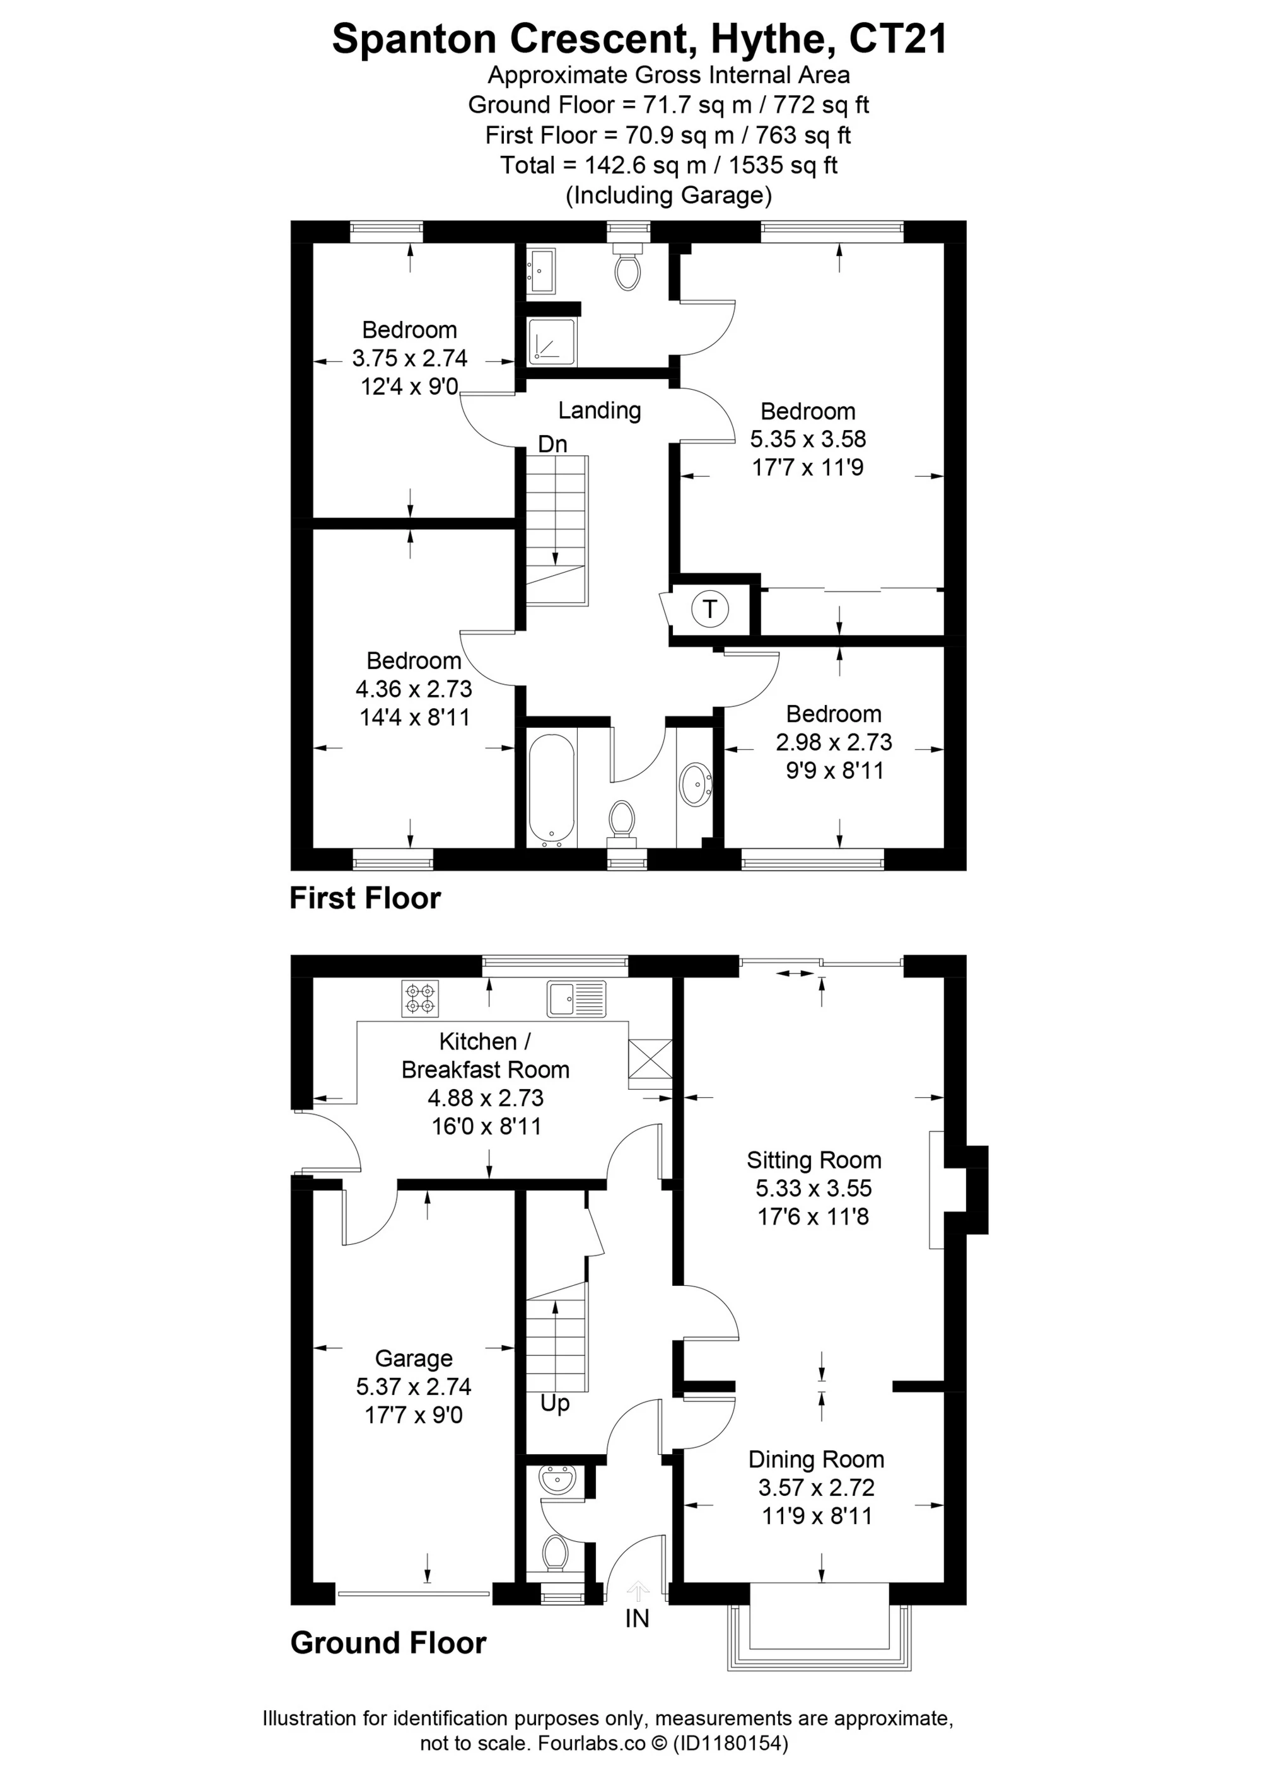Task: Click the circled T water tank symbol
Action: tap(709, 609)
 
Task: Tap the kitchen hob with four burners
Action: tap(420, 998)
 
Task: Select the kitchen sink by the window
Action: tap(577, 998)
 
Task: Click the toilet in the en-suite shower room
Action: tap(627, 265)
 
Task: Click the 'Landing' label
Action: tap(599, 410)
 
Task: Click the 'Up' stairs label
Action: tap(554, 1402)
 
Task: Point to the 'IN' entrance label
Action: tap(637, 1618)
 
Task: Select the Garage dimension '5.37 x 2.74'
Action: tap(414, 1386)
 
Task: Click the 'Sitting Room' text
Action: tap(814, 1160)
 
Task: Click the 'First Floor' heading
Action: tap(365, 898)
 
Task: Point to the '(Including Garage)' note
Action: tap(668, 195)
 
